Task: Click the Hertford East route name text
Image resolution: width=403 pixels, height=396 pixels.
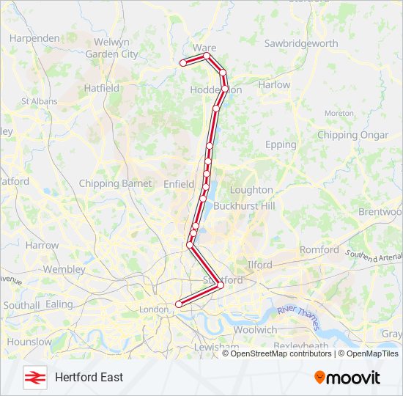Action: coord(89,377)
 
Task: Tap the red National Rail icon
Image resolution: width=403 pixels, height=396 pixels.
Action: coord(33,377)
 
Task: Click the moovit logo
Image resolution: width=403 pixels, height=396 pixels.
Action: coord(347,377)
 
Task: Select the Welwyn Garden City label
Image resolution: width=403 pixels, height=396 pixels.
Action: coord(111,48)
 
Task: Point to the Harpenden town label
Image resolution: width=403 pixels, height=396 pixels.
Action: coord(34,37)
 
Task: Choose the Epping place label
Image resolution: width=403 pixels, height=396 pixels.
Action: coord(281,144)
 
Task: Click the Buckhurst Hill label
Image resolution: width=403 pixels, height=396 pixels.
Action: coord(244,206)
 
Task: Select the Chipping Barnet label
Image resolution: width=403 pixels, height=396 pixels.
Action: coord(115,183)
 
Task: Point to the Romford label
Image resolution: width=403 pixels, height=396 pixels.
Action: coord(319,249)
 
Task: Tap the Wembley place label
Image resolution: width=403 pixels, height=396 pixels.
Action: coord(64,269)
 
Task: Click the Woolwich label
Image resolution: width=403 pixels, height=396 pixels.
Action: coord(257,330)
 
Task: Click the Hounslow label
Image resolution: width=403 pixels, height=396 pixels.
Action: coord(30,342)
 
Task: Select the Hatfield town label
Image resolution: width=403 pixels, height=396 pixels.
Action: coord(102,88)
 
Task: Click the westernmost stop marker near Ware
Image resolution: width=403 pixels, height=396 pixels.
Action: coord(183,64)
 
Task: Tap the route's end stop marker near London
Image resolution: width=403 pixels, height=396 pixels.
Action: coord(179,304)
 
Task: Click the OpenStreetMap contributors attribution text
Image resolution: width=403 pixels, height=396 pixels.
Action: coord(281,353)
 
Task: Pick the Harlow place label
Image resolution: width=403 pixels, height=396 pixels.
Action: coord(275,84)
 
